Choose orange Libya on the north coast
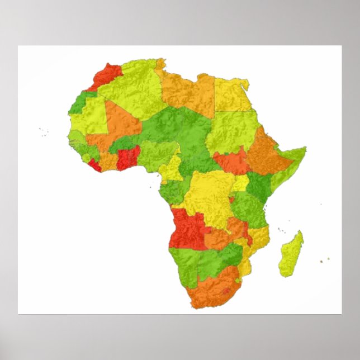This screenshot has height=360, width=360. coord(187,92)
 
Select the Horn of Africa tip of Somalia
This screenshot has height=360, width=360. coord(302,150)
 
